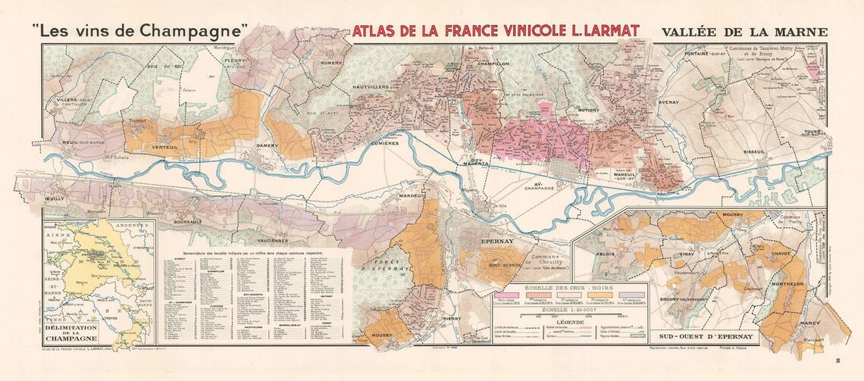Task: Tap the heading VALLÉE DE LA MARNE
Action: pos(744,33)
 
